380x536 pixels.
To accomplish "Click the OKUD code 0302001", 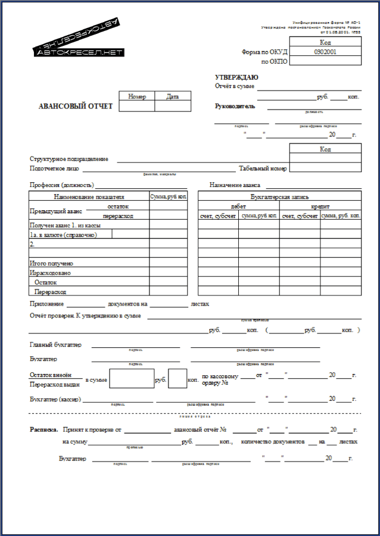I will [325, 52].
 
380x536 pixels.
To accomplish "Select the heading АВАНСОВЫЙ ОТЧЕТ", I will [76, 107].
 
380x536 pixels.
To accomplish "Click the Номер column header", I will [137, 96].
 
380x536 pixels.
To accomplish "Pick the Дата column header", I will [173, 96].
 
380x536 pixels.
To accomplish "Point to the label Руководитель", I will [235, 106].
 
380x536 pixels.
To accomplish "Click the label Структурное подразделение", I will [69, 159].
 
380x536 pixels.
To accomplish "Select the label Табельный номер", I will [263, 169].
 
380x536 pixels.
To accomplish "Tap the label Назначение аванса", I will [235, 185].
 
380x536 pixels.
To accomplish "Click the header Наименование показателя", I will [89, 196].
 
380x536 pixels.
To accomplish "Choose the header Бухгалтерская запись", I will [280, 196].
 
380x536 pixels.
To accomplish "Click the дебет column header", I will [238, 205].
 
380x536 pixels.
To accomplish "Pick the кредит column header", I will [320, 205].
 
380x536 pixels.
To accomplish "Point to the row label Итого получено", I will [51, 263].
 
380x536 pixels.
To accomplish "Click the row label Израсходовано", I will [50, 273].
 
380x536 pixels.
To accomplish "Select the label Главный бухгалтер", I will [56, 345].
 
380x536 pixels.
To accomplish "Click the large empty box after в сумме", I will [132, 379].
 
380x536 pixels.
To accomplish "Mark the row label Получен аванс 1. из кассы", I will [65, 226].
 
